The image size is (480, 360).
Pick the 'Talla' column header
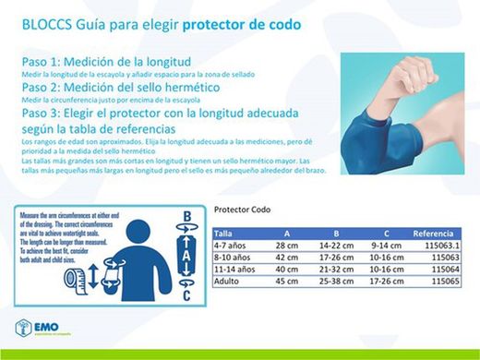[224, 234]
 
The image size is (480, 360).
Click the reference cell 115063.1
[442, 246]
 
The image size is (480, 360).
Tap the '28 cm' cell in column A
[282, 246]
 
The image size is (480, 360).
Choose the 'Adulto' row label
[226, 280]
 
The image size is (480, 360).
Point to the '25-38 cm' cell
[336, 280]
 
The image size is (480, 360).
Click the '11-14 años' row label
[233, 269]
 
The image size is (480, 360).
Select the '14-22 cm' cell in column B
[336, 246]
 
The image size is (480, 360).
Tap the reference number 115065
[445, 280]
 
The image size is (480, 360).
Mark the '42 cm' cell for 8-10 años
[282, 258]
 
